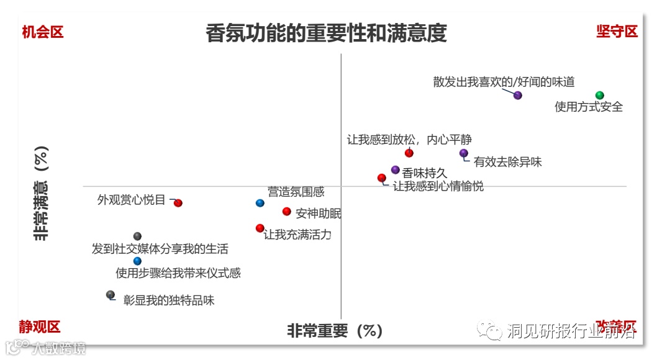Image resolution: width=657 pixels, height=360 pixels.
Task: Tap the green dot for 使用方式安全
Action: pyautogui.click(x=599, y=95)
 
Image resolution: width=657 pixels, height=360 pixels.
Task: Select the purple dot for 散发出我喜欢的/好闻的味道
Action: pyautogui.click(x=518, y=95)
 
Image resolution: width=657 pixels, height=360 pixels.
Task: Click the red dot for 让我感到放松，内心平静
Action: pyautogui.click(x=409, y=153)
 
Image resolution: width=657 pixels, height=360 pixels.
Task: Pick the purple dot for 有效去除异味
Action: pyautogui.click(x=463, y=153)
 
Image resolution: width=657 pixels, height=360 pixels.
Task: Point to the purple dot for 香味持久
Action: pyautogui.click(x=395, y=169)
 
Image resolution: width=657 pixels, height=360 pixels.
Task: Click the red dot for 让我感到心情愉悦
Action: pyautogui.click(x=381, y=178)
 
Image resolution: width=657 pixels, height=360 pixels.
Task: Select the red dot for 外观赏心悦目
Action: pyautogui.click(x=178, y=203)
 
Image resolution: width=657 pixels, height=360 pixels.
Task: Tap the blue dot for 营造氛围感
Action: pyautogui.click(x=260, y=203)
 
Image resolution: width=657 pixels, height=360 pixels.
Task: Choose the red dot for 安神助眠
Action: pyautogui.click(x=286, y=211)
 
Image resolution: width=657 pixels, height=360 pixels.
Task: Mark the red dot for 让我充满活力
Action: pyautogui.click(x=260, y=228)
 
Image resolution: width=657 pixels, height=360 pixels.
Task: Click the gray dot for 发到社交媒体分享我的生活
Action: pyautogui.click(x=137, y=236)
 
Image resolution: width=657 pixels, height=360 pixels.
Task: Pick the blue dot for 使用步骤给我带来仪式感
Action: pyautogui.click(x=137, y=261)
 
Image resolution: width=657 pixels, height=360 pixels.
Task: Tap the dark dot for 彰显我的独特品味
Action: pyautogui.click(x=110, y=294)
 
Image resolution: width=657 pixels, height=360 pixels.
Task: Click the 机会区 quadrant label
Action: pyautogui.click(x=43, y=32)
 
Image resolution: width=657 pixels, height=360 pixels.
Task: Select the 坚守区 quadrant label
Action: pyautogui.click(x=617, y=32)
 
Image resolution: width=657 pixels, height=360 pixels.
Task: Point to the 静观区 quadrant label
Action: pyautogui.click(x=39, y=326)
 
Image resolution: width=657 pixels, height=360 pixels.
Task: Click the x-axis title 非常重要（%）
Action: pyautogui.click(x=335, y=331)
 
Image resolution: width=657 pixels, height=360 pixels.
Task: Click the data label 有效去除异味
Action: pyautogui.click(x=508, y=162)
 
